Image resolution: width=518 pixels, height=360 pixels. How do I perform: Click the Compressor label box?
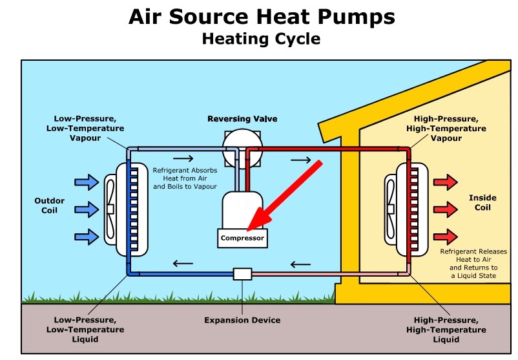pos(242,238)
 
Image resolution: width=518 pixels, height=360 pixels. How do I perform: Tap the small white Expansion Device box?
pos(242,273)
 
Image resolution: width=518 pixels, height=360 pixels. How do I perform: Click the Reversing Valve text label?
pos(242,119)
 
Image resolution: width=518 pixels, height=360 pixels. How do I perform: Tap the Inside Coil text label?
pos(480,202)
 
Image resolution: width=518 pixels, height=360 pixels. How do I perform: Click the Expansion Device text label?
pos(242,320)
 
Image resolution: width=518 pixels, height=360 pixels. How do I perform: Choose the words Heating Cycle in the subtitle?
pos(260,39)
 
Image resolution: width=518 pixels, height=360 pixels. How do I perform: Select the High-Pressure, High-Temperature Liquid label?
pos(446,330)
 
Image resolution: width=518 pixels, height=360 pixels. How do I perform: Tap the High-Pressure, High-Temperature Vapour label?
pos(446,129)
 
